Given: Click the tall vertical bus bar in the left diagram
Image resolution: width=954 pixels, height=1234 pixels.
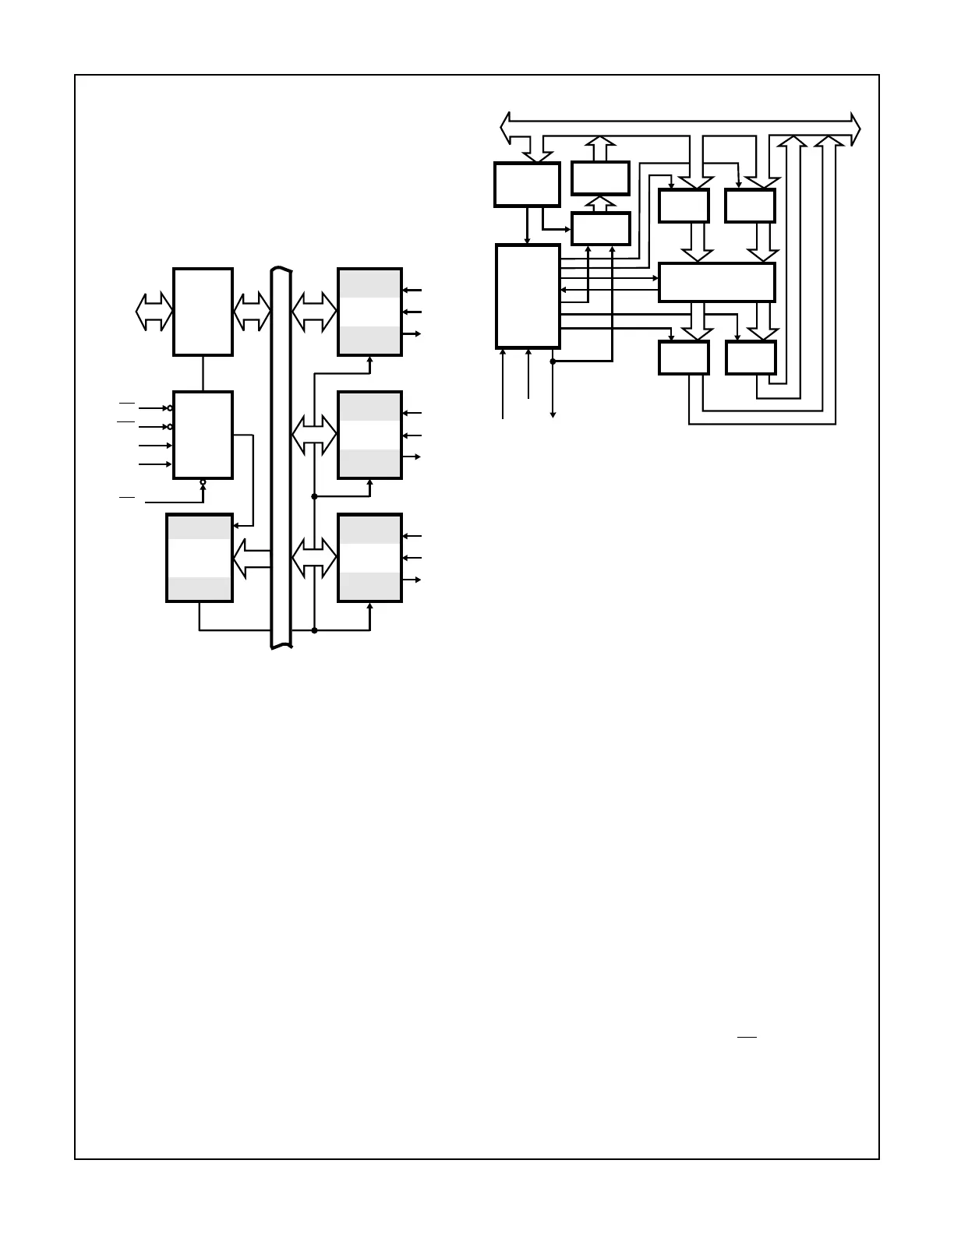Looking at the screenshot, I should click(x=281, y=460).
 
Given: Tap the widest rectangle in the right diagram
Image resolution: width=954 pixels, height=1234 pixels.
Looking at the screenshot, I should click(x=716, y=282).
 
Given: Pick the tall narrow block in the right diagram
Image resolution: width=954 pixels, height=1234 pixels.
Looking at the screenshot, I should click(x=528, y=296).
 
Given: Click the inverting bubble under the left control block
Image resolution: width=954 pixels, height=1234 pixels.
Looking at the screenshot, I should click(x=203, y=482).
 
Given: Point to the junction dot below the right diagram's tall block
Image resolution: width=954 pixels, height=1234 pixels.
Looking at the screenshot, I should click(x=553, y=361).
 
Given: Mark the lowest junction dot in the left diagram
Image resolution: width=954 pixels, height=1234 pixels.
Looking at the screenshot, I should click(x=314, y=630).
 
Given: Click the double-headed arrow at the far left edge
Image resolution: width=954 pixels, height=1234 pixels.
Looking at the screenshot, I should click(x=154, y=312).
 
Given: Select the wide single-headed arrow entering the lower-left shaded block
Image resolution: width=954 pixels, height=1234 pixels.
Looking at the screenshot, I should click(x=251, y=558).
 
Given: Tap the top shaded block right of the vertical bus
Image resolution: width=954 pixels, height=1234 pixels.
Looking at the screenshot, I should click(x=369, y=312).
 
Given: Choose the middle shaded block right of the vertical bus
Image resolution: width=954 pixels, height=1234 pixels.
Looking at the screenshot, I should click(x=369, y=435).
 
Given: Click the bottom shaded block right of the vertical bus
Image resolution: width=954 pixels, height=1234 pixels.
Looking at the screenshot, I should click(x=369, y=558).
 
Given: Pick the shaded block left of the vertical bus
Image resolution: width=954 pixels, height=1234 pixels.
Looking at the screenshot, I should click(x=199, y=558).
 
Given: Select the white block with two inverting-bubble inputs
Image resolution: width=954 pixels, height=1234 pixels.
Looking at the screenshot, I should click(x=203, y=435).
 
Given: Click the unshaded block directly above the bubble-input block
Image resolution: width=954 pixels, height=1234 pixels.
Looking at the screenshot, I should click(x=203, y=312).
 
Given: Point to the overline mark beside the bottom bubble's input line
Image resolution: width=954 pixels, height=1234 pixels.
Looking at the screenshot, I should click(x=127, y=496).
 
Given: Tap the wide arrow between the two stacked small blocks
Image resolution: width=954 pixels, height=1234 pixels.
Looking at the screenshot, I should click(x=600, y=204).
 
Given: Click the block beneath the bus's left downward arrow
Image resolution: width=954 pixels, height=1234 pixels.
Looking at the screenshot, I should click(x=527, y=185).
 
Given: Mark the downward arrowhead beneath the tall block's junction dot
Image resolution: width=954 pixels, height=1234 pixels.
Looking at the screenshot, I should click(x=553, y=414).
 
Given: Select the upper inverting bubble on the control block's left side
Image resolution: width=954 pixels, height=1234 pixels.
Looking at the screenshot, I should click(x=170, y=408).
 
